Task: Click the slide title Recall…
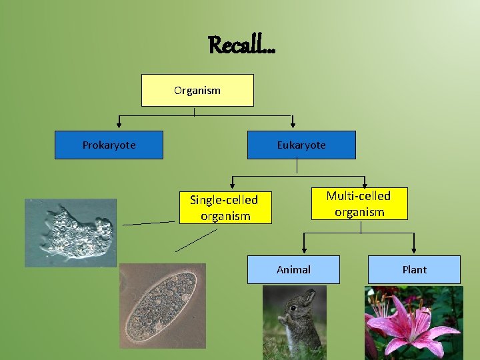click(241, 45)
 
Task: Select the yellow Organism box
click(197, 90)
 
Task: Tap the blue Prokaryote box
click(109, 145)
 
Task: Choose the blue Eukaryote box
click(301, 145)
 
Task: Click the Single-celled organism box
click(225, 207)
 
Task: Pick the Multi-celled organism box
click(359, 203)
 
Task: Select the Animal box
click(293, 269)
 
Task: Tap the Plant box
click(414, 269)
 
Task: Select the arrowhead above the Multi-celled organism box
click(365, 185)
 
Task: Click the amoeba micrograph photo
click(71, 233)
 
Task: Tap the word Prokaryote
click(109, 145)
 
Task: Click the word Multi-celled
click(358, 195)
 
